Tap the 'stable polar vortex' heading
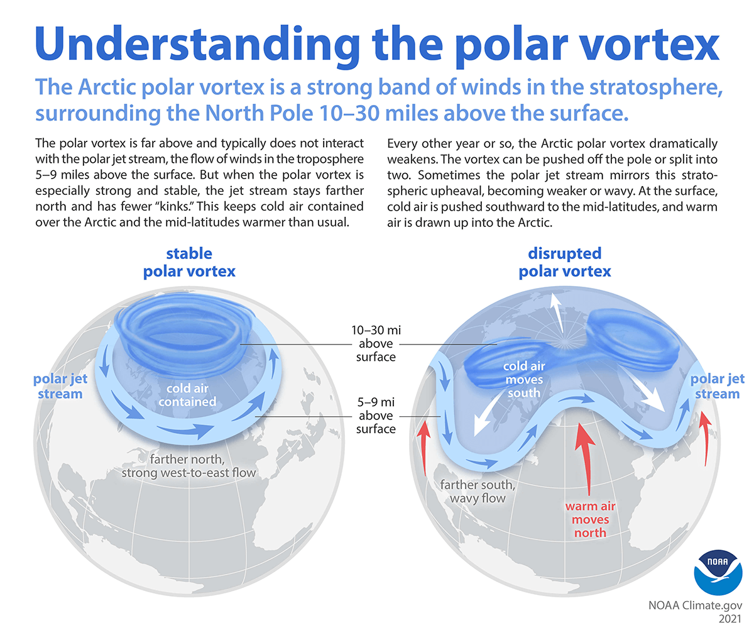click(188, 263)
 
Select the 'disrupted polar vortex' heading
click(565, 262)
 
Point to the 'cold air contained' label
click(187, 394)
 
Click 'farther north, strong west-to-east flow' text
click(189, 464)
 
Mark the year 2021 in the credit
click(729, 622)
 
